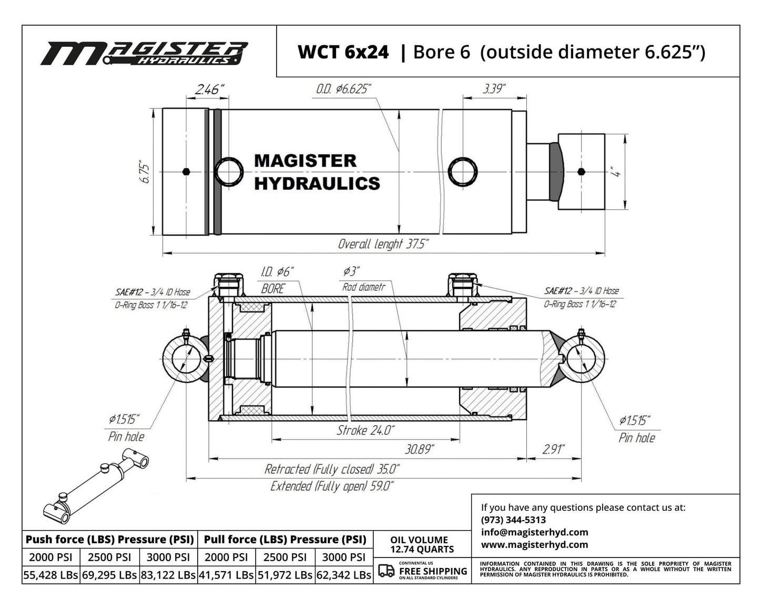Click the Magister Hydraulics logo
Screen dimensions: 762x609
(x=144, y=54)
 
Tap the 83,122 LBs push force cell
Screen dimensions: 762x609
(x=168, y=575)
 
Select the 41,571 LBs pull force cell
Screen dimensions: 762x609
(x=226, y=575)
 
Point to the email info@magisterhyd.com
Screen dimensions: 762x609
(x=534, y=532)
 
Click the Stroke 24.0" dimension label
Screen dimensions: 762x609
(x=365, y=431)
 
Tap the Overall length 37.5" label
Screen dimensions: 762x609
(x=383, y=244)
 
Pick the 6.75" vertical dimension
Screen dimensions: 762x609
(x=145, y=173)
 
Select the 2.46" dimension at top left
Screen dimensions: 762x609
(x=209, y=89)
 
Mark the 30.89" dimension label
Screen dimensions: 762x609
(x=419, y=449)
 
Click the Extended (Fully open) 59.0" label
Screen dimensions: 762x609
(x=332, y=486)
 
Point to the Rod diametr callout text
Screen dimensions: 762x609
(x=363, y=287)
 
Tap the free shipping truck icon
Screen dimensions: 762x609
(x=386, y=571)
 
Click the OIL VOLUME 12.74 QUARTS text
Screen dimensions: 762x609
(x=422, y=544)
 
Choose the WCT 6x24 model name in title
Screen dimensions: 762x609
(x=343, y=52)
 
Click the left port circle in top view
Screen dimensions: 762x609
(x=230, y=172)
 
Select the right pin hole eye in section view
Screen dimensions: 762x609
(x=581, y=359)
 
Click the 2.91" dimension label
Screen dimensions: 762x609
(x=553, y=449)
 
